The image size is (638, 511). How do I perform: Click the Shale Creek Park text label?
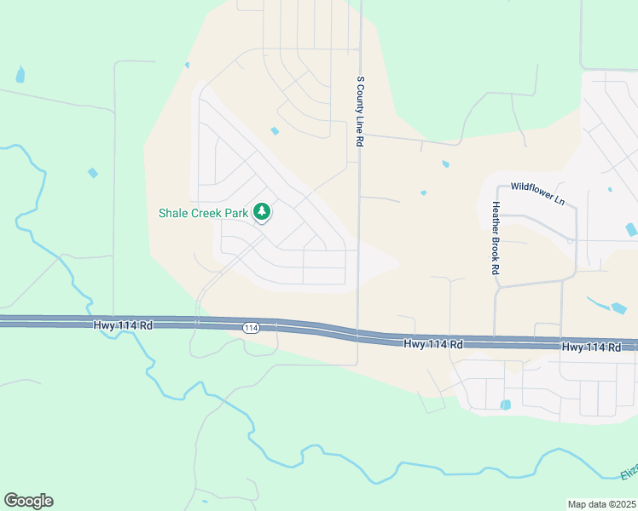(x=203, y=212)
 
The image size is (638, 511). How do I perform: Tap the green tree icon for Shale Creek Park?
(x=264, y=210)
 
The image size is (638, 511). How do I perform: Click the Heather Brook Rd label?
(x=495, y=238)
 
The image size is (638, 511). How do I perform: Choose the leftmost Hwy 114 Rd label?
(x=123, y=324)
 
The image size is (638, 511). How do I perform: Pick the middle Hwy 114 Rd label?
(x=433, y=344)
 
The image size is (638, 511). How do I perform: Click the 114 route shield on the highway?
(x=250, y=328)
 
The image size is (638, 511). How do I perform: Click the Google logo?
(x=28, y=501)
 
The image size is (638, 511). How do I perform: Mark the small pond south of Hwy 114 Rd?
(x=505, y=405)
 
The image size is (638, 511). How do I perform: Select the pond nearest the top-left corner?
(x=20, y=76)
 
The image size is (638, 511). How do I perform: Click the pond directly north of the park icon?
(x=275, y=131)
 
